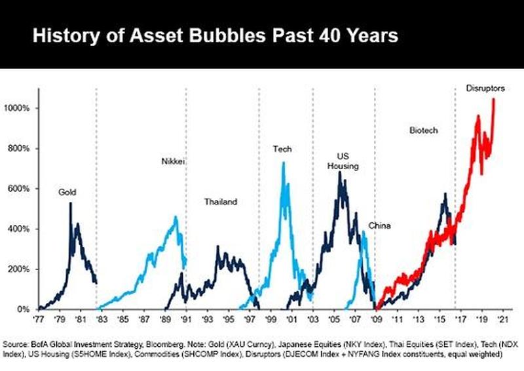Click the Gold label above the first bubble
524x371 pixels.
(x=67, y=192)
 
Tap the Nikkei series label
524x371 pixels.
(x=172, y=161)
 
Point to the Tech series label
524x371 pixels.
(x=282, y=149)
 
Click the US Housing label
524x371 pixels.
(x=343, y=161)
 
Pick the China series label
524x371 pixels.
(x=379, y=226)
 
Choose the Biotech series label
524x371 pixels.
(x=423, y=130)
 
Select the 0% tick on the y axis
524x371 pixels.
(x=25, y=309)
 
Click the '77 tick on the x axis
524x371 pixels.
(x=38, y=321)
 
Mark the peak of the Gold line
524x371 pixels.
(x=70, y=204)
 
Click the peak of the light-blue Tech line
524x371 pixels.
(x=283, y=163)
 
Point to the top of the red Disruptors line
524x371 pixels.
(x=493, y=100)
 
